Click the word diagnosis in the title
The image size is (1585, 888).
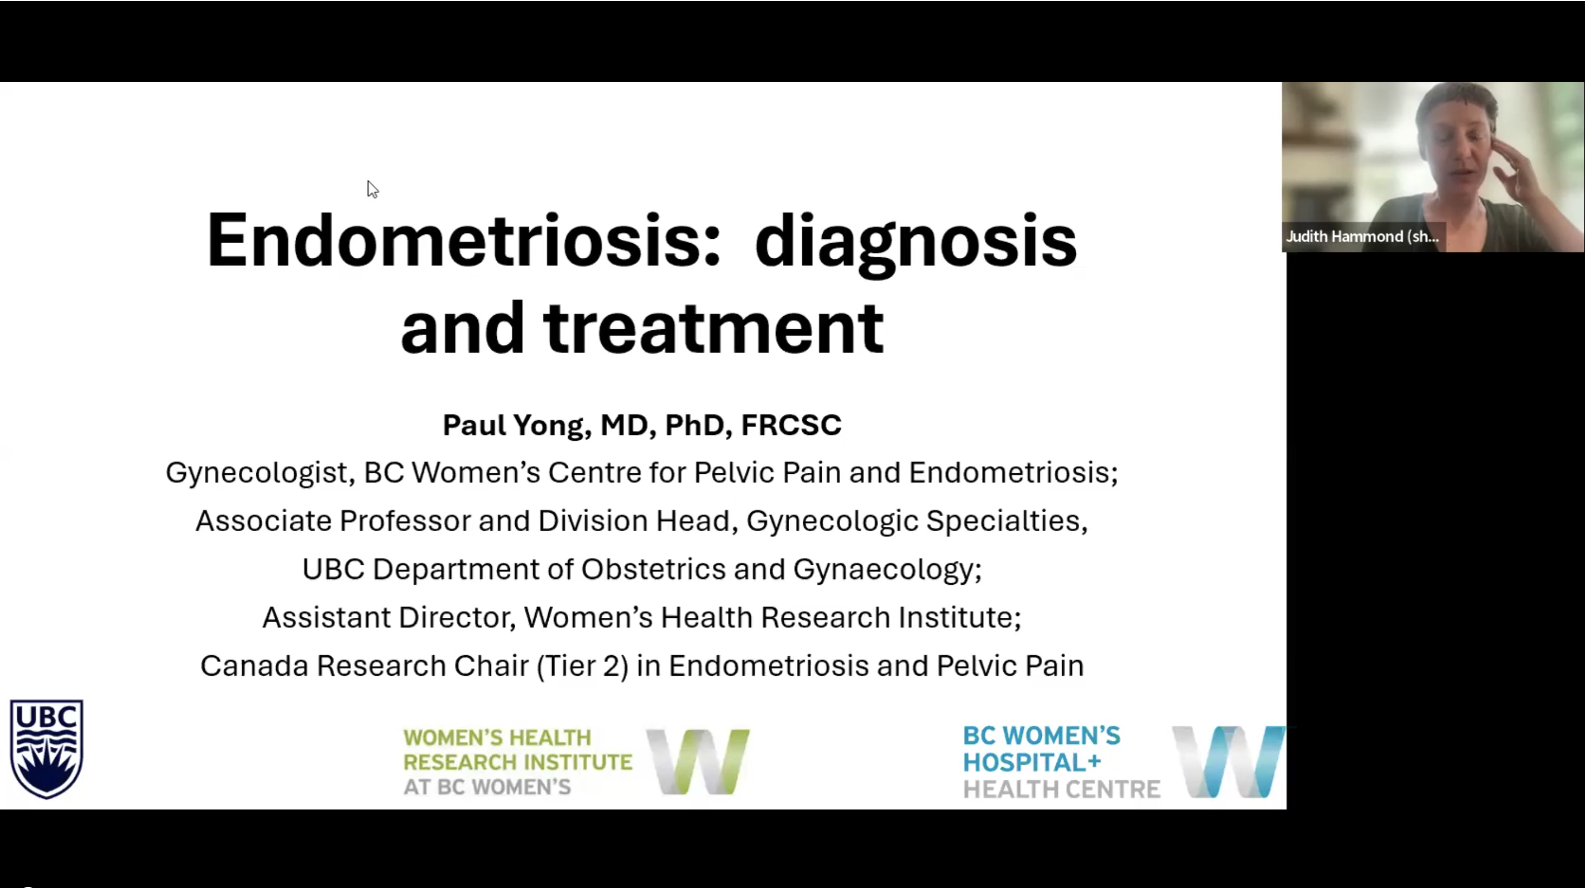pyautogui.click(x=915, y=244)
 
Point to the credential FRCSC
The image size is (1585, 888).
pyautogui.click(x=791, y=425)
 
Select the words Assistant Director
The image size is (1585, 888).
pyautogui.click(x=389, y=617)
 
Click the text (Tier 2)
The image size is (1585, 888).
pyautogui.click(x=583, y=666)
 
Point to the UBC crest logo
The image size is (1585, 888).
pyautogui.click(x=47, y=748)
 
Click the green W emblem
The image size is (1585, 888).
pyautogui.click(x=698, y=761)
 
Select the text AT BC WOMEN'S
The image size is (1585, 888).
pyautogui.click(x=488, y=787)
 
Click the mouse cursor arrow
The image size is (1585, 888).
pyautogui.click(x=372, y=189)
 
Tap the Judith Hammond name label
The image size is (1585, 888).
pyautogui.click(x=1362, y=237)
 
